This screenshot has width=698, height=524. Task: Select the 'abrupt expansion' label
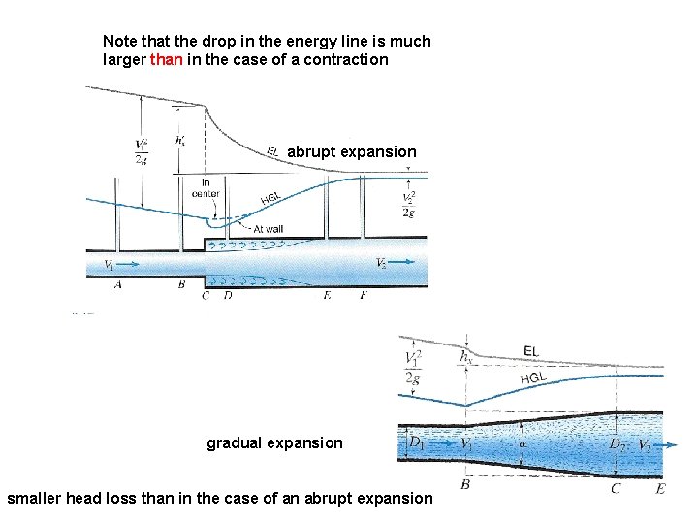(352, 152)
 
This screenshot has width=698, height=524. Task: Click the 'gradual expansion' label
(274, 442)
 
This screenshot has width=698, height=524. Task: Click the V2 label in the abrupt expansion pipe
(383, 263)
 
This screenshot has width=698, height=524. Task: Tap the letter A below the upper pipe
(117, 285)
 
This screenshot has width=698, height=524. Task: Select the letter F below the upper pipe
(363, 295)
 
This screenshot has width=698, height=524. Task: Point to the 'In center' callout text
(206, 187)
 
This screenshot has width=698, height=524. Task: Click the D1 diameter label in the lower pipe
(416, 443)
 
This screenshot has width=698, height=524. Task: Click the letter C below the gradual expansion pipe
(616, 489)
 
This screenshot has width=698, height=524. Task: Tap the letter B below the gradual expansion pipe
(467, 482)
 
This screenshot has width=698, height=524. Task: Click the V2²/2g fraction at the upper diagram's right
(410, 205)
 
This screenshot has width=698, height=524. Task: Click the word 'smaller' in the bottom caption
(36, 498)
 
